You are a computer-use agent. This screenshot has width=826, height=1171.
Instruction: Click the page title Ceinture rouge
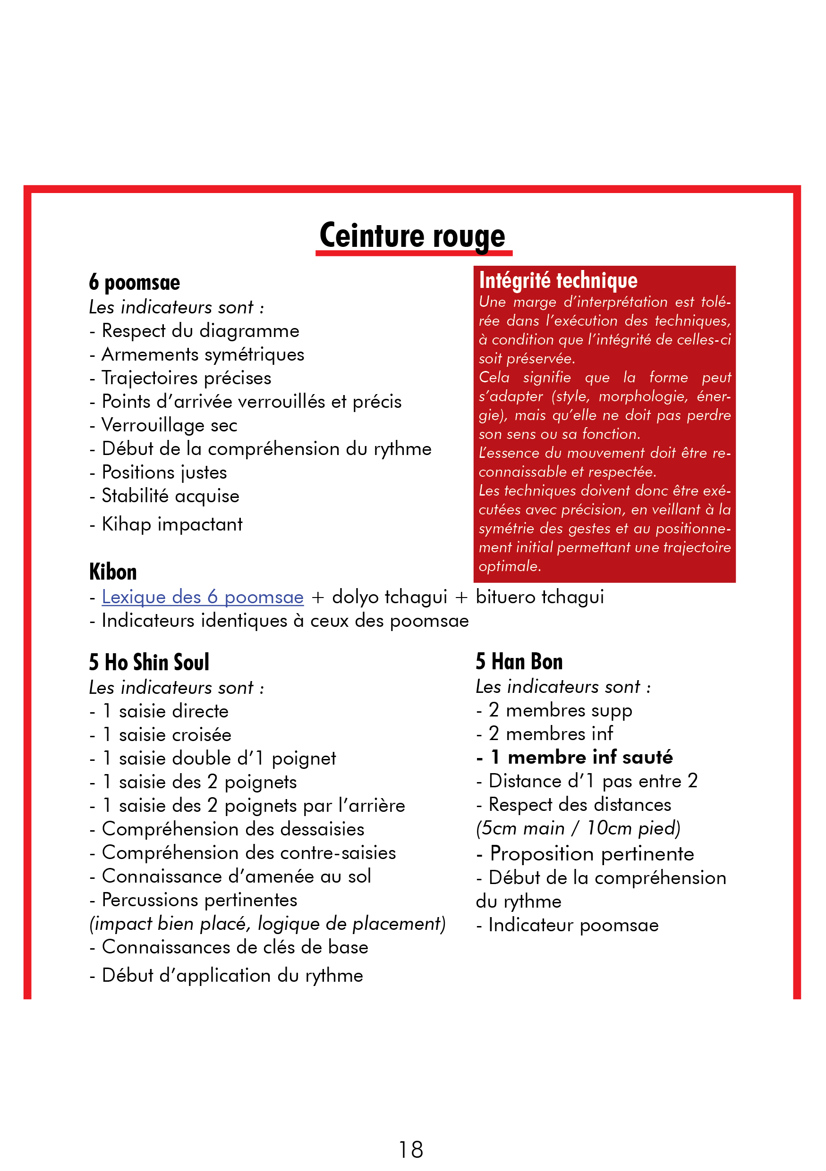coord(412,236)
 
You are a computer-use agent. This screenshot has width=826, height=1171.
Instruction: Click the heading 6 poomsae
coord(135,283)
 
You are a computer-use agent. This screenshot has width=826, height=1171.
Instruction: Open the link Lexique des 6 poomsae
coord(203,597)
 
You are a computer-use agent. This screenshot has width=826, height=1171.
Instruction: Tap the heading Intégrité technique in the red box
coord(558,280)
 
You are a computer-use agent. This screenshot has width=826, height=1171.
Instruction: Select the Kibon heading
coord(113,572)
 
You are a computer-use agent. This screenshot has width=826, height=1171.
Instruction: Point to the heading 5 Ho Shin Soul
coord(149,662)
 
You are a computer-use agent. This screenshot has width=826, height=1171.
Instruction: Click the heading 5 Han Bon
coord(519,662)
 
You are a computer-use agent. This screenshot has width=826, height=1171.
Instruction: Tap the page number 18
coord(411,1150)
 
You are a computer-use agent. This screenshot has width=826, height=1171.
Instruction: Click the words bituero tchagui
coord(539,597)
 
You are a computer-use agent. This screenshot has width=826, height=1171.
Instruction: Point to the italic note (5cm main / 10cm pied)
coord(578,828)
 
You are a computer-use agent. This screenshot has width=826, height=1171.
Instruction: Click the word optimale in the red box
coord(509,566)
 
